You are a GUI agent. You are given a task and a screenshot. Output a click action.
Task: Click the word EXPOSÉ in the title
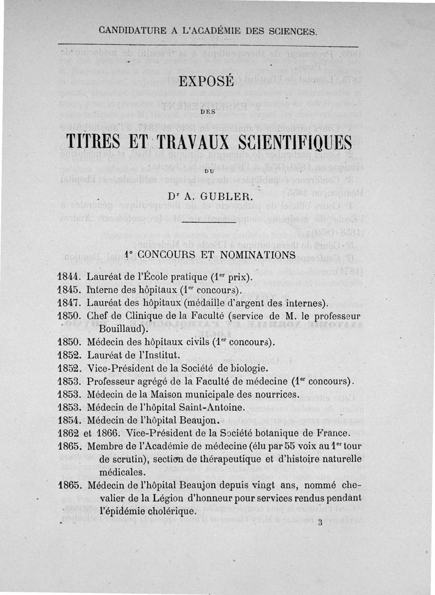click(206, 82)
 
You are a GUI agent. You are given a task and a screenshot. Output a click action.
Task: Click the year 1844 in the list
click(70, 277)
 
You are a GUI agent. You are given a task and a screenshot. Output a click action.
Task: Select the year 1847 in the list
click(70, 303)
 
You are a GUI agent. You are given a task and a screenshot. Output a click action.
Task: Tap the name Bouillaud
click(123, 329)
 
